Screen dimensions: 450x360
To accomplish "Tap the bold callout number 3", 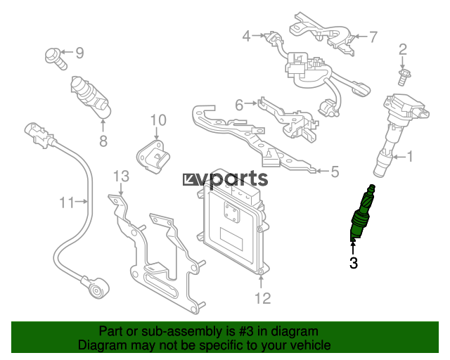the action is pos(354,263).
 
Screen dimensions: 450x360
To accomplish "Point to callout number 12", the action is pos(262,299).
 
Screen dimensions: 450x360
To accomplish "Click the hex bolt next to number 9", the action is pos(56,59).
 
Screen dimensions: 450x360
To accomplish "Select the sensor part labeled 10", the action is pos(153,157).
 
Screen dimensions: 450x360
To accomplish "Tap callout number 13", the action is pos(121,176).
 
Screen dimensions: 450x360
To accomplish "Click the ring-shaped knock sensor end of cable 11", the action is pos(96,288).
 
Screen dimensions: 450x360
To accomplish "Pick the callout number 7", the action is pos(373,37).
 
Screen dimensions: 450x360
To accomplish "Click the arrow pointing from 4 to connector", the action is pos(259,36).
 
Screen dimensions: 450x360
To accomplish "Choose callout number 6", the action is pos(239,105).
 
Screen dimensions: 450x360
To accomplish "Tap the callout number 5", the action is pos(335,172).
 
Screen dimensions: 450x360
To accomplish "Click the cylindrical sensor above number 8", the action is pos(91,96).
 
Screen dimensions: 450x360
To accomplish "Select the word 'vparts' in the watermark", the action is pos(233,179).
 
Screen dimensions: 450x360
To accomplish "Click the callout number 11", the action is pos(67,202).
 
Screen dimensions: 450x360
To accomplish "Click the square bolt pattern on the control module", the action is pos(231,212).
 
